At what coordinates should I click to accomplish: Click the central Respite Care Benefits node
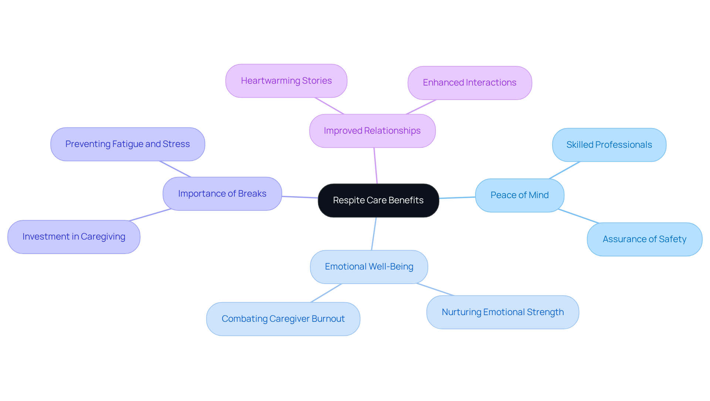pyautogui.click(x=378, y=200)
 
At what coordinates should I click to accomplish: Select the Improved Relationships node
pyautogui.click(x=372, y=131)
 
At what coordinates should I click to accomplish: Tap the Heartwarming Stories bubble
pyautogui.click(x=286, y=81)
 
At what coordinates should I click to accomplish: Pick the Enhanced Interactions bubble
pyautogui.click(x=469, y=83)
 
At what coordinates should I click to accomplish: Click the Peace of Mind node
pyautogui.click(x=519, y=195)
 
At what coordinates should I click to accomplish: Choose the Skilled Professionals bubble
pyautogui.click(x=609, y=145)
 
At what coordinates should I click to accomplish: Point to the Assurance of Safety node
pyautogui.click(x=644, y=239)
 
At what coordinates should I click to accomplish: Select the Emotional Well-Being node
pyautogui.click(x=369, y=267)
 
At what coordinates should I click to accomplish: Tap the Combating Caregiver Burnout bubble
pyautogui.click(x=283, y=319)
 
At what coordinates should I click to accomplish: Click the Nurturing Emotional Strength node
pyautogui.click(x=502, y=312)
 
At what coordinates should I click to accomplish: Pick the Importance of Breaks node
pyautogui.click(x=222, y=194)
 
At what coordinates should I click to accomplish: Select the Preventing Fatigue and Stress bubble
pyautogui.click(x=127, y=144)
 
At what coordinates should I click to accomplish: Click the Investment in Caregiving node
pyautogui.click(x=74, y=237)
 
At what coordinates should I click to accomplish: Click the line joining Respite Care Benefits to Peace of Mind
pyautogui.click(x=457, y=198)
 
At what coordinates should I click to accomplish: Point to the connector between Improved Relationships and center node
pyautogui.click(x=375, y=166)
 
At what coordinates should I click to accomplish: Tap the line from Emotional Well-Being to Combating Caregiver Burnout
pyautogui.click(x=326, y=293)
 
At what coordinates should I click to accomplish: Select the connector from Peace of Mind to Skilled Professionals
pyautogui.click(x=565, y=170)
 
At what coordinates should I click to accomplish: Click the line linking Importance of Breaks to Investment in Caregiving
pyautogui.click(x=150, y=215)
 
